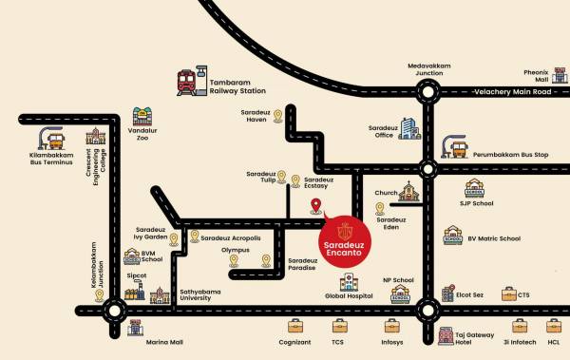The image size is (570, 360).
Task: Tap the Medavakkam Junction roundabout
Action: pyautogui.click(x=427, y=91)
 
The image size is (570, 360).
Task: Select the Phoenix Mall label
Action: pyautogui.click(x=538, y=75)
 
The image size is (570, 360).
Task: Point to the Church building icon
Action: pyautogui.click(x=410, y=193)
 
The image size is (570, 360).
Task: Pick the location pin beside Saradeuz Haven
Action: pyautogui.click(x=277, y=116)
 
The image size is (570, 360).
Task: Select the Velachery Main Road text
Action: pyautogui.click(x=514, y=92)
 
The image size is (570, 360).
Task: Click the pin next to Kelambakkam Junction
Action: pyautogui.click(x=99, y=295)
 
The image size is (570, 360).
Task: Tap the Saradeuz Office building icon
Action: pyautogui.click(x=408, y=130)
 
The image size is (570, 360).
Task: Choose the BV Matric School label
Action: pyautogui.click(x=494, y=238)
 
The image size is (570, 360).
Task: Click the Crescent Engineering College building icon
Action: pyautogui.click(x=95, y=138)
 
